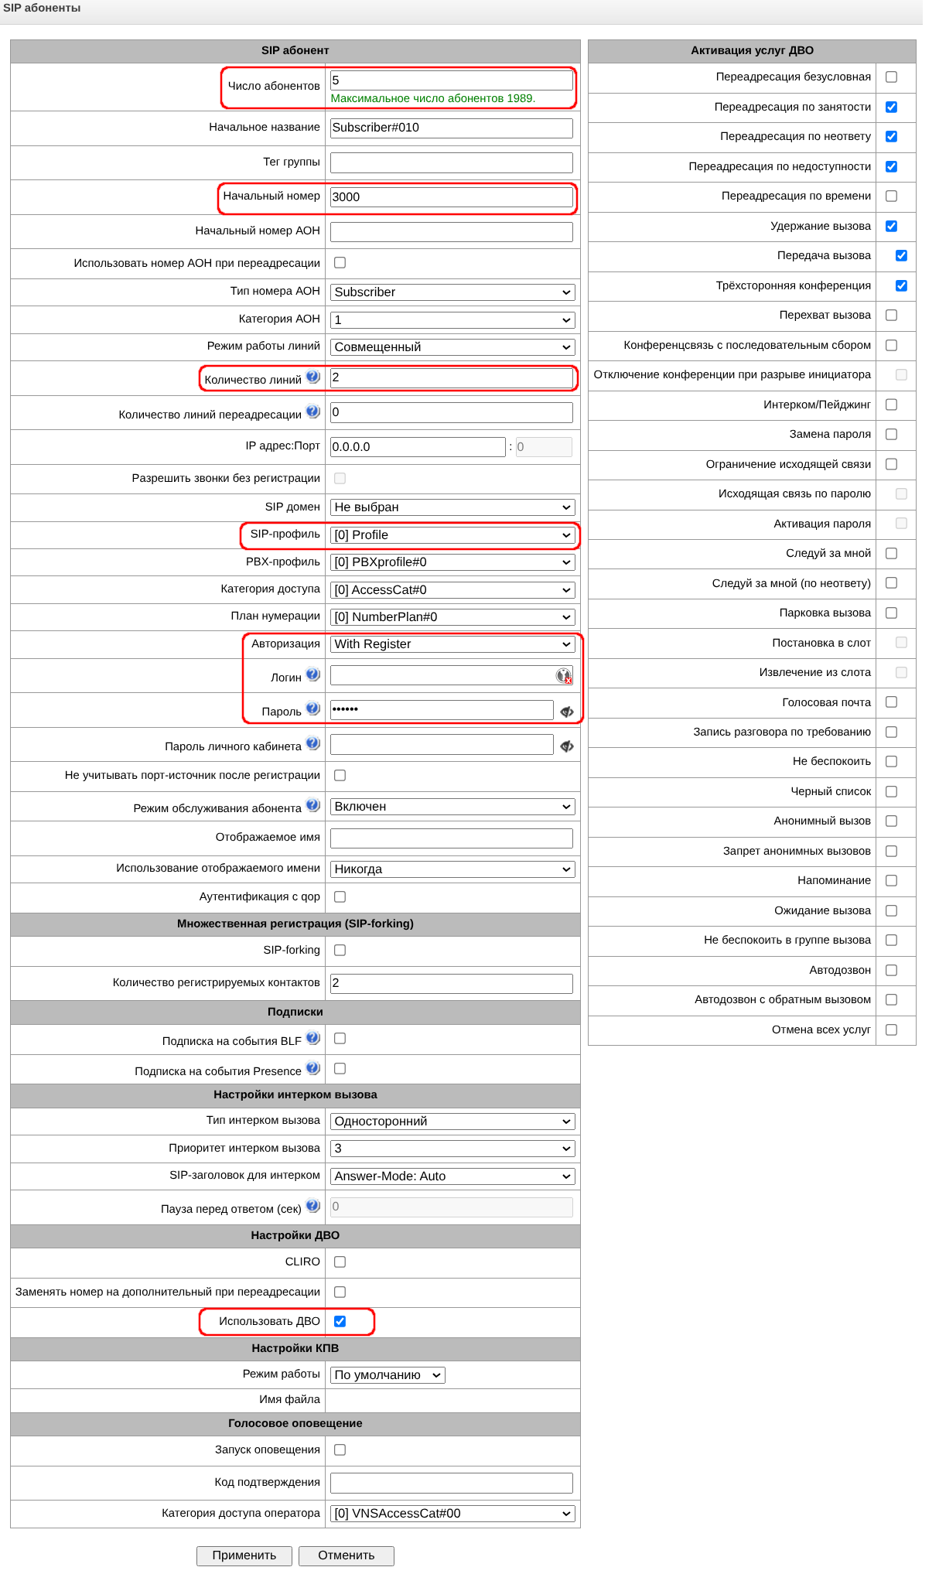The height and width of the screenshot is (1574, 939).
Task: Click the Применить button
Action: click(x=244, y=1555)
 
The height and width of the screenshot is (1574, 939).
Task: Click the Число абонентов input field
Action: click(x=451, y=80)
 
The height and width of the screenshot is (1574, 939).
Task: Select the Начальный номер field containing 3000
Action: click(x=451, y=196)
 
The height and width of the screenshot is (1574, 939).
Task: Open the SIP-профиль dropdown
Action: click(x=452, y=535)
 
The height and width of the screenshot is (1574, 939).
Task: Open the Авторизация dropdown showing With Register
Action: click(x=452, y=644)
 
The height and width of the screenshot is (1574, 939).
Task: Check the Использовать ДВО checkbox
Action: click(x=340, y=1321)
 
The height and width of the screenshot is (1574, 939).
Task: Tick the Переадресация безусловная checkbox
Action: click(x=891, y=77)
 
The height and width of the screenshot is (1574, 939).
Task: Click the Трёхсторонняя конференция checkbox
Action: click(x=901, y=285)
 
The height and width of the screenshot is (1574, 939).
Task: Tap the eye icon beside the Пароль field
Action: click(x=567, y=712)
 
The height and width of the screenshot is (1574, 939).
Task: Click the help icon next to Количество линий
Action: click(x=312, y=377)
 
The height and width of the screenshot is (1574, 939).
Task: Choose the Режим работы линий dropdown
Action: click(x=452, y=347)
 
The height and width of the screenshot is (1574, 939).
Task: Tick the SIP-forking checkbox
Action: click(x=340, y=950)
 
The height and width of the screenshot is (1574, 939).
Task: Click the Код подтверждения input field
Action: click(x=451, y=1483)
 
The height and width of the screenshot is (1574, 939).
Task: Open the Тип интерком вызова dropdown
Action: click(x=452, y=1122)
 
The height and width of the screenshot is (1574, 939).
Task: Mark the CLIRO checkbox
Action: click(x=340, y=1262)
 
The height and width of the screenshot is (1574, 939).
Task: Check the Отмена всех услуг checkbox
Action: click(x=891, y=1029)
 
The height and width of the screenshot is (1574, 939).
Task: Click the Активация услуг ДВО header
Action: click(x=752, y=51)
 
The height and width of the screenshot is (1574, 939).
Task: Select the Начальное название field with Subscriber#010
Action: click(x=451, y=128)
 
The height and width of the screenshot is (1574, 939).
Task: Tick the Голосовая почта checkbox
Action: click(x=891, y=702)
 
